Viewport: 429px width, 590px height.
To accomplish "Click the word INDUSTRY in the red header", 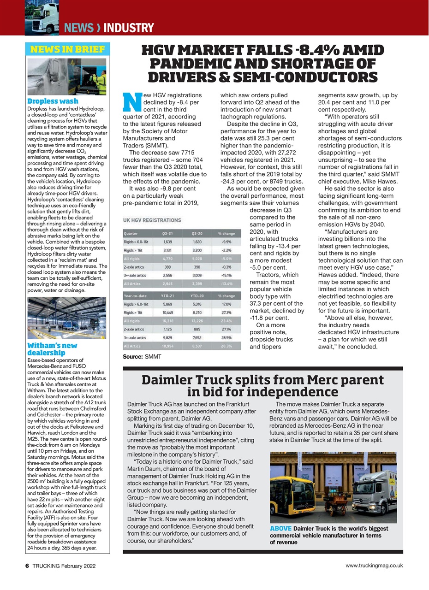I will [129, 28].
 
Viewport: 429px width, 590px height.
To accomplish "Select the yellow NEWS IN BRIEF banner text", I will [67, 49].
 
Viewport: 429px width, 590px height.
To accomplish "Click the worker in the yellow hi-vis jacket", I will [101, 81].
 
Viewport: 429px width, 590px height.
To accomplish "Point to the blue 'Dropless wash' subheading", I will [53, 101].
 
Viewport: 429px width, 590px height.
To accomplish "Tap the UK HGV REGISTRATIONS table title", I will [152, 220].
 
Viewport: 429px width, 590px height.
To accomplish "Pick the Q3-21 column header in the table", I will [168, 233].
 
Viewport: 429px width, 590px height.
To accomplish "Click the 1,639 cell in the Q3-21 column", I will [168, 242].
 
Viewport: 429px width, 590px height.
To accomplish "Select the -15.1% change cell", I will [226, 275].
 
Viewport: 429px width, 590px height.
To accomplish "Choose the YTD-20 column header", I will [197, 296].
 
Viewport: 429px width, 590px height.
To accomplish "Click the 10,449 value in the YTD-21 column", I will [168, 313].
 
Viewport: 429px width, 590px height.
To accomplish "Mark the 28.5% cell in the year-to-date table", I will [226, 337].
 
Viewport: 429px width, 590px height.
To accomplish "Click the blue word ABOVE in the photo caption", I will [280, 528].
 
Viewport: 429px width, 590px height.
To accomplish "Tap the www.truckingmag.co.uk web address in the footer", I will [374, 565].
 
